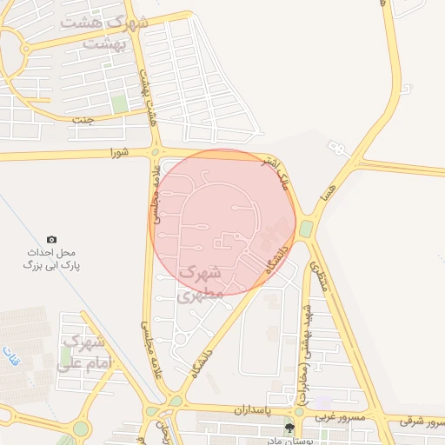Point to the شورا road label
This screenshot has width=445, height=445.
(x=119, y=153)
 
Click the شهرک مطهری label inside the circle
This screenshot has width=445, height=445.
(x=200, y=284)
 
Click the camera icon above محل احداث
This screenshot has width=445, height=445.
(x=51, y=239)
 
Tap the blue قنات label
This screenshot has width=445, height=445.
(x=10, y=359)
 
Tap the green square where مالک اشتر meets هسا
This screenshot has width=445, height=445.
(x=307, y=228)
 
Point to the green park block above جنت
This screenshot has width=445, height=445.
(x=120, y=103)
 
